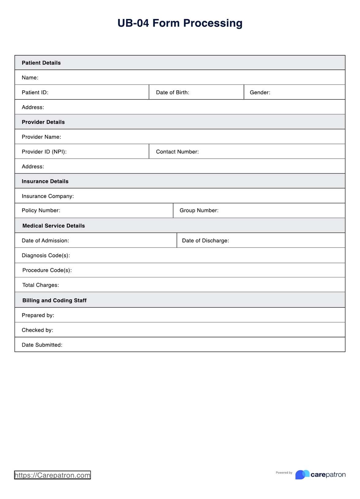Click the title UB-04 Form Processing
180,23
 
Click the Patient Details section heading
41,63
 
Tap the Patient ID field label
35,92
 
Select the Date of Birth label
172,92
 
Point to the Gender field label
260,92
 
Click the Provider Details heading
43,122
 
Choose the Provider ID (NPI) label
44,152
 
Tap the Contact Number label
177,152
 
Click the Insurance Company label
48,196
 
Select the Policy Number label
41,211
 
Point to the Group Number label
199,211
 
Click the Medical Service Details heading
54,226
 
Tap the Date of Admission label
45,241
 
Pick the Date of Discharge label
205,241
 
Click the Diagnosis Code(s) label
46,256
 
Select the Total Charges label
40,285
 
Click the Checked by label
37,330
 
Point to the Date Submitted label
42,345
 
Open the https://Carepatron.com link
52,475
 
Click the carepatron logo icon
302,475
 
